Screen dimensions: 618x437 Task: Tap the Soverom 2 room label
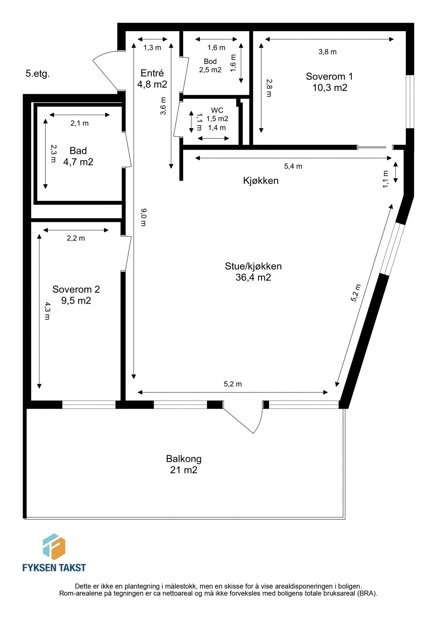pos(76,295)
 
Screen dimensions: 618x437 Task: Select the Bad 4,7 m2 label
pos(78,156)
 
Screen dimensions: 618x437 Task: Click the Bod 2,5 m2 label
pos(210,66)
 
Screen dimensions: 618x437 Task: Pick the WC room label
pos(217,111)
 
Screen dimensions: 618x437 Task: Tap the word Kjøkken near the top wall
pos(261,181)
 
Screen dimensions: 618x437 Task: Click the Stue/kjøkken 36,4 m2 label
pos(253,272)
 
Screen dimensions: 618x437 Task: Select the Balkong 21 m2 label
pos(184,464)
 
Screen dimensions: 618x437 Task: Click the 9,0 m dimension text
pos(143,217)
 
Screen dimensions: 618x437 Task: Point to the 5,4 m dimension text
pos(293,167)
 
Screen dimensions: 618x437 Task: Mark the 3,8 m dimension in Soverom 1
pos(327,52)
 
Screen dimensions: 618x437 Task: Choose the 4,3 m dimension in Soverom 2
pos(47,311)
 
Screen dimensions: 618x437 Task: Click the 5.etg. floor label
pos(38,73)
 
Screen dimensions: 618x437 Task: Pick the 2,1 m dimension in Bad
pos(80,123)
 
